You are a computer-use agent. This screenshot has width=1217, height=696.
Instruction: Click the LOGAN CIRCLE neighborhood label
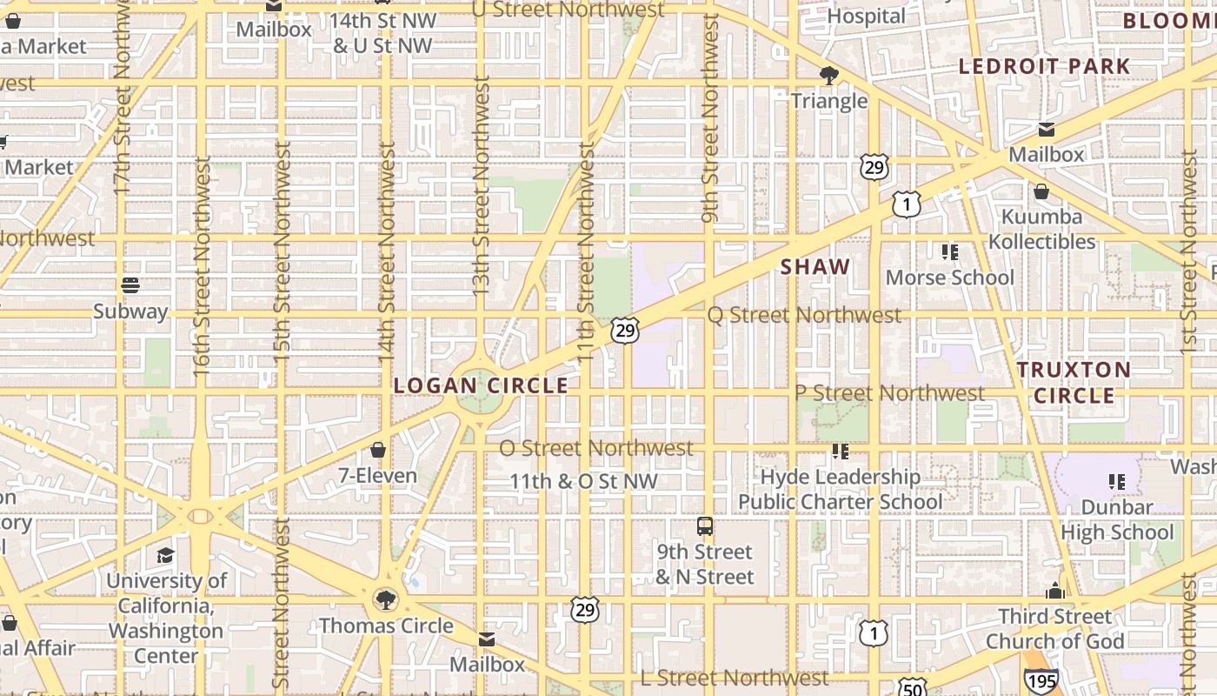[x=481, y=385]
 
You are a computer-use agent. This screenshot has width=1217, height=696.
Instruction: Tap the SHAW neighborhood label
[x=815, y=267]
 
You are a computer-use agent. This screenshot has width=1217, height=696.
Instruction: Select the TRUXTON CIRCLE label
[x=1074, y=383]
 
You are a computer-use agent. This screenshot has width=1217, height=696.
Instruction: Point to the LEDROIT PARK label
[x=1044, y=66]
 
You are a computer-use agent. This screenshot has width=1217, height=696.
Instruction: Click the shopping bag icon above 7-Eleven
[x=378, y=450]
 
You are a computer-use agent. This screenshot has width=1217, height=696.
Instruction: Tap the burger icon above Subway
[x=130, y=285]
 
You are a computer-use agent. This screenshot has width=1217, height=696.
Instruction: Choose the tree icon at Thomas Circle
[x=384, y=599]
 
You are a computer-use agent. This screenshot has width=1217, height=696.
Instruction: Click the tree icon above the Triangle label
[x=829, y=75]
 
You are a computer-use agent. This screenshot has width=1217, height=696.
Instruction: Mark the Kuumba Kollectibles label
[x=1042, y=229]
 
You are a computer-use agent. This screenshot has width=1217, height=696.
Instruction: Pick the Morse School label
[x=950, y=278]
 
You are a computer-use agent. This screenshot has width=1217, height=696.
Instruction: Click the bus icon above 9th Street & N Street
[x=705, y=525]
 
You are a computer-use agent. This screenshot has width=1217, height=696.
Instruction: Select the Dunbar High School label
[x=1117, y=519]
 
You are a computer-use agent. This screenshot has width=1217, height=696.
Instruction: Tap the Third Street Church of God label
[x=1055, y=629]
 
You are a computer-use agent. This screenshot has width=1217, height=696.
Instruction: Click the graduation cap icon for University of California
[x=165, y=555]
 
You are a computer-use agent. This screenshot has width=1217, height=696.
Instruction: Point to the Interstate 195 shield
[x=1041, y=679]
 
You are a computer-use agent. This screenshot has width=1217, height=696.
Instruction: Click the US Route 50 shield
[x=913, y=687]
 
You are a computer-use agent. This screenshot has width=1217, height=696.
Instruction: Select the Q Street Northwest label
[x=804, y=315]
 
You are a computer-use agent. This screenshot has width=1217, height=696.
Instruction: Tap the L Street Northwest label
[x=735, y=678]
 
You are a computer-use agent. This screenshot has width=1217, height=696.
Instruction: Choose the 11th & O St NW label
[x=583, y=481]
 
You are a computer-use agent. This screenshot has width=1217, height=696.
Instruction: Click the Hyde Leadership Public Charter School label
[x=841, y=489]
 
